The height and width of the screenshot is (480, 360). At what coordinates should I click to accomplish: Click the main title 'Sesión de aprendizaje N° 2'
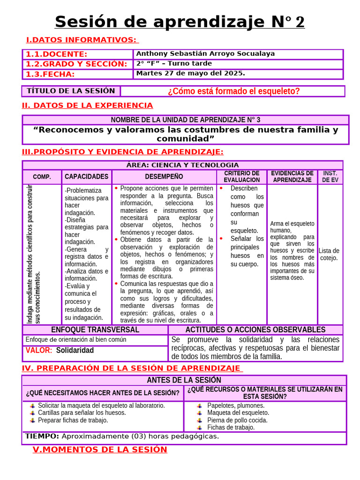click(x=180, y=22)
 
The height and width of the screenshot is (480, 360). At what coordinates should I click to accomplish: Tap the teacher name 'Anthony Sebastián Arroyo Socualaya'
click(x=205, y=54)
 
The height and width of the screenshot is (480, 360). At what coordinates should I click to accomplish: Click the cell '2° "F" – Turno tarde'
click(x=174, y=64)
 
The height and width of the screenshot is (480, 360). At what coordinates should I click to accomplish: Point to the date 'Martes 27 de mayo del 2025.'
click(x=191, y=74)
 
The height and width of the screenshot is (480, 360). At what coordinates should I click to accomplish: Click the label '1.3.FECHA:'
click(x=50, y=74)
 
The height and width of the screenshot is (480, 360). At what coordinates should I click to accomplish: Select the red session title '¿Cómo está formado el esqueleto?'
click(x=233, y=91)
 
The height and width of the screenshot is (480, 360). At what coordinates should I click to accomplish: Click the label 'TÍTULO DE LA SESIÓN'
click(x=71, y=91)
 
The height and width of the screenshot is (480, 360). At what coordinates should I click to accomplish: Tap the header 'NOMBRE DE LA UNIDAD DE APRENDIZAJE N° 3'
click(x=185, y=120)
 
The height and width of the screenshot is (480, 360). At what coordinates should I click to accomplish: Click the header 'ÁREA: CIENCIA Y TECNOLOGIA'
click(x=182, y=165)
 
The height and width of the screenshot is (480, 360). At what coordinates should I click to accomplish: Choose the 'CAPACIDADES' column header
click(x=86, y=177)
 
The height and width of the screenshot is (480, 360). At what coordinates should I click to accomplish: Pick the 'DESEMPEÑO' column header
click(x=164, y=177)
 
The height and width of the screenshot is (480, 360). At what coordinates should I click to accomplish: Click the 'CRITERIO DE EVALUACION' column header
click(x=241, y=177)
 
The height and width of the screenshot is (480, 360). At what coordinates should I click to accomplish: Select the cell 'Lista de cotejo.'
click(x=329, y=254)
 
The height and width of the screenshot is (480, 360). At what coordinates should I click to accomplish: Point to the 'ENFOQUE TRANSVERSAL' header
click(x=95, y=330)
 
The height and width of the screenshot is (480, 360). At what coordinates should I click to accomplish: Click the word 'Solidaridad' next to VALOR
click(x=75, y=350)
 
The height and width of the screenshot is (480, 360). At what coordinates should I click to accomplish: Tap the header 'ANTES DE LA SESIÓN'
click(x=184, y=380)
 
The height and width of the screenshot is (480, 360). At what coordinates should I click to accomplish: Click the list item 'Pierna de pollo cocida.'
click(x=237, y=420)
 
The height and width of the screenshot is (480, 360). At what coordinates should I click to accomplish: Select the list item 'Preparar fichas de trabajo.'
click(x=73, y=420)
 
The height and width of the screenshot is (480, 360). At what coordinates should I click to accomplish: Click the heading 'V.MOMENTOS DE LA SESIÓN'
click(x=100, y=450)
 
